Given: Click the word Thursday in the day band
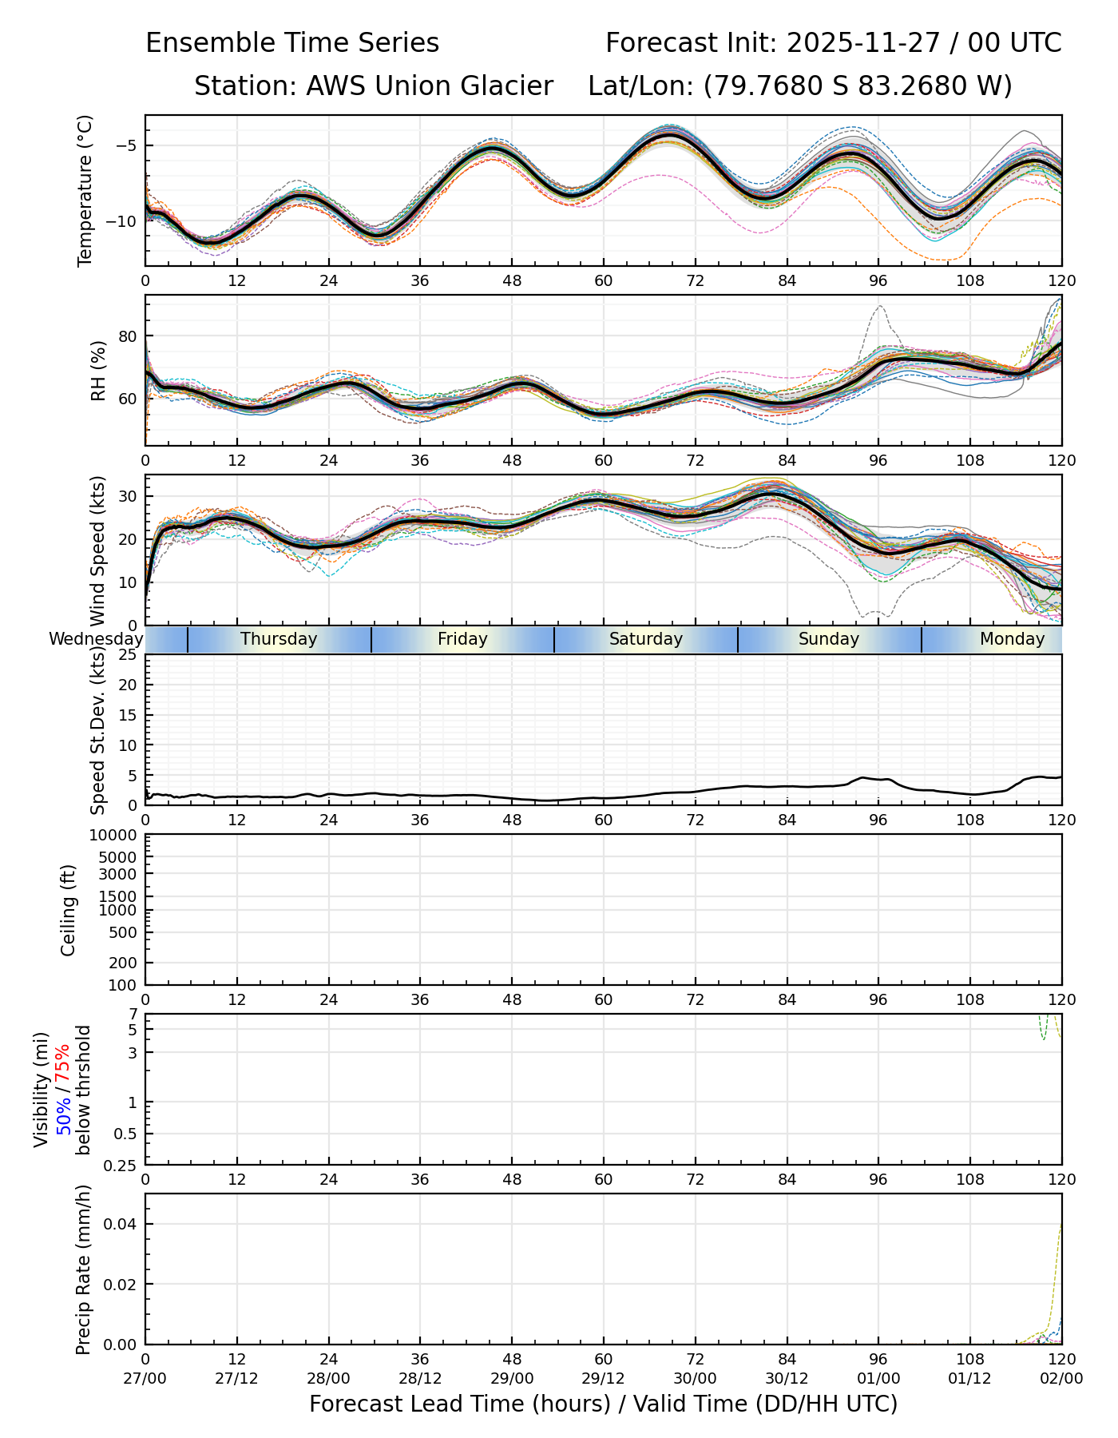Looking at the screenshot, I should [x=279, y=639].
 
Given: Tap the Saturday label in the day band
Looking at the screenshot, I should [x=646, y=639].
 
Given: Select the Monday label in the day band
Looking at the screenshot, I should [x=1012, y=639].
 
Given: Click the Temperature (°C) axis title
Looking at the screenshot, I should [x=85, y=191].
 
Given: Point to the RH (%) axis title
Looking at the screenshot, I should [x=98, y=371].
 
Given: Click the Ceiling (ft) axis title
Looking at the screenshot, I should [x=69, y=910].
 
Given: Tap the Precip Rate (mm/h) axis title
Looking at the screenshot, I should [x=83, y=1269].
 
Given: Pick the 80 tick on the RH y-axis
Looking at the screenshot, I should [x=128, y=336].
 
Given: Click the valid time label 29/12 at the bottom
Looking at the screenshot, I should [x=604, y=1378].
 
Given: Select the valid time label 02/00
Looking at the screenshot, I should [x=1061, y=1378].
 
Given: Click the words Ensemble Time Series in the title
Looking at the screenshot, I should [x=292, y=43].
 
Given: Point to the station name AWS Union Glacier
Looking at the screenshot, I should [x=430, y=86].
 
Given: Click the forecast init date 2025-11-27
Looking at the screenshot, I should [x=860, y=43].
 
